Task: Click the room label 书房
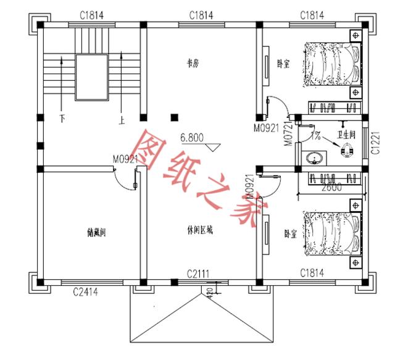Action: tap(193, 62)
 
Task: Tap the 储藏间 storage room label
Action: tap(98, 233)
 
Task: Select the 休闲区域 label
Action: tap(199, 229)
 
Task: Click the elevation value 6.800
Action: tap(193, 138)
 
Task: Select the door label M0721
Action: tap(288, 132)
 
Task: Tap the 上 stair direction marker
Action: tap(122, 117)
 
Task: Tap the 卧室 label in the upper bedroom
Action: tap(283, 64)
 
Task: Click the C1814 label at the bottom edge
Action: tap(313, 272)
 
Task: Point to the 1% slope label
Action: tap(315, 134)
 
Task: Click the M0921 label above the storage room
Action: tap(125, 159)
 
